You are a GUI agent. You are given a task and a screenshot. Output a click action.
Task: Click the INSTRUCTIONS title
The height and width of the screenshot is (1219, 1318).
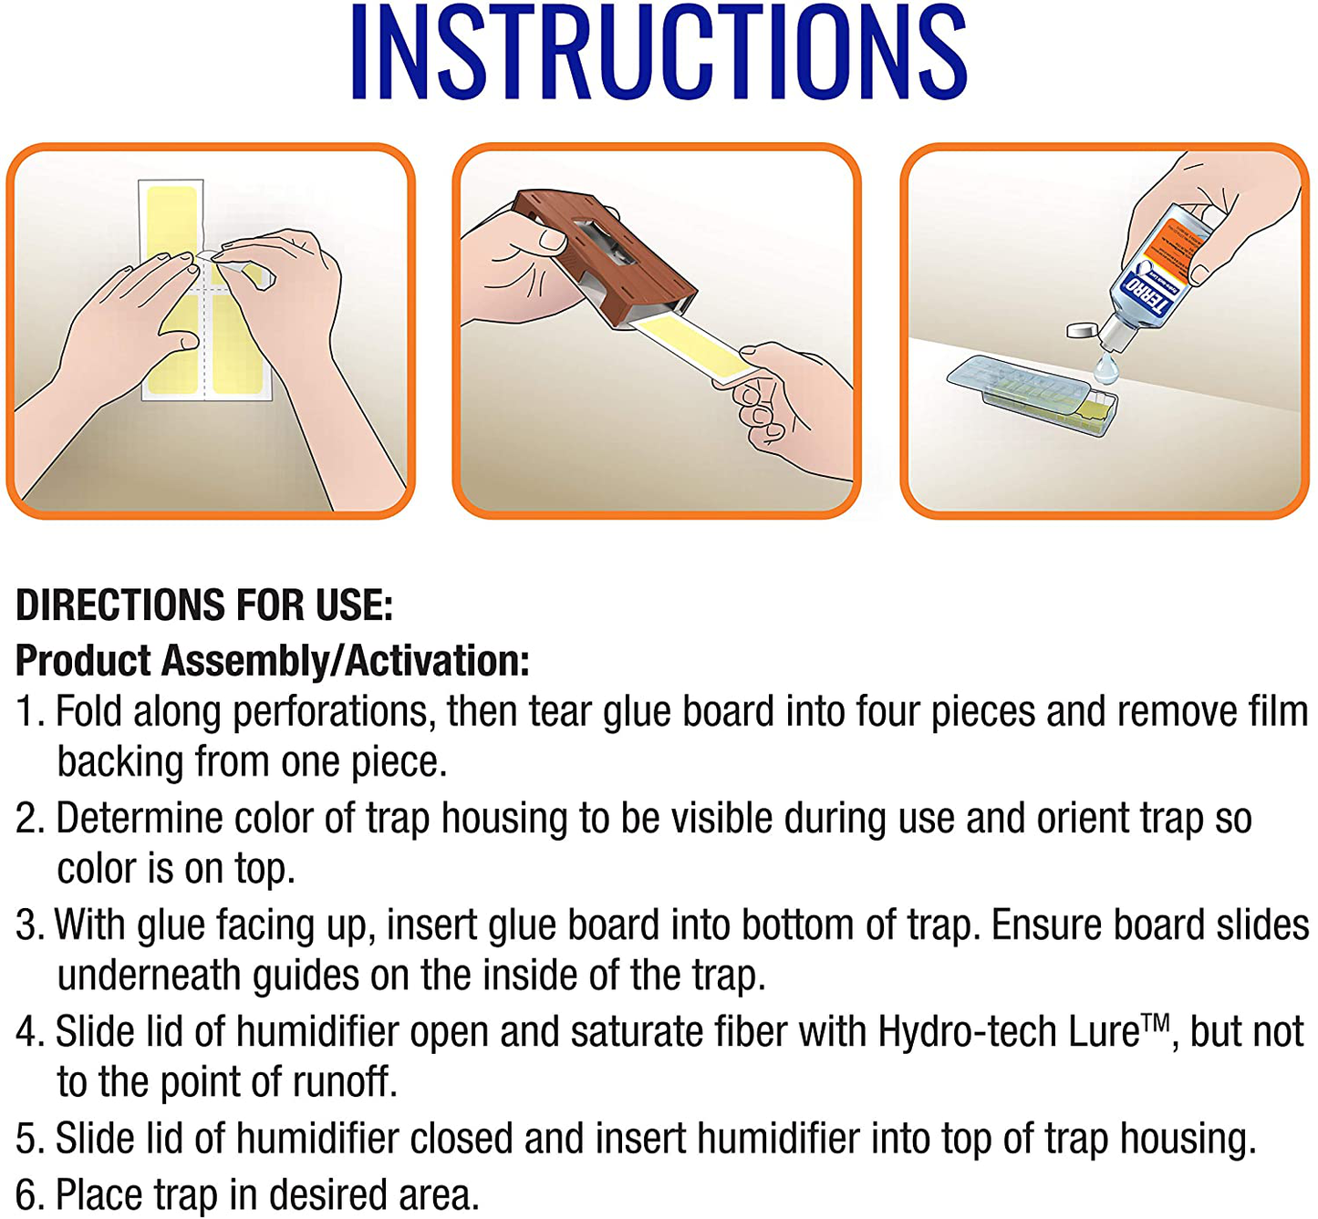[x=659, y=52]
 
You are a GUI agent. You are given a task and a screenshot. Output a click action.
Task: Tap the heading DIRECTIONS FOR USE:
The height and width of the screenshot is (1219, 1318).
[x=204, y=605]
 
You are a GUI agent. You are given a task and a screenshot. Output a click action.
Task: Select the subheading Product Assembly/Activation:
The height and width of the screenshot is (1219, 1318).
[x=273, y=661]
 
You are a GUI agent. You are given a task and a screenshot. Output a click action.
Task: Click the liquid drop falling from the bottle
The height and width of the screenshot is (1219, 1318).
[x=1105, y=369]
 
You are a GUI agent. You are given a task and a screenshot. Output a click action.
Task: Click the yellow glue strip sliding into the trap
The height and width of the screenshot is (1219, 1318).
[x=694, y=349]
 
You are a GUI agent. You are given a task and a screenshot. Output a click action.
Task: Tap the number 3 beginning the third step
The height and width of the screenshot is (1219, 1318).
[x=26, y=925]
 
